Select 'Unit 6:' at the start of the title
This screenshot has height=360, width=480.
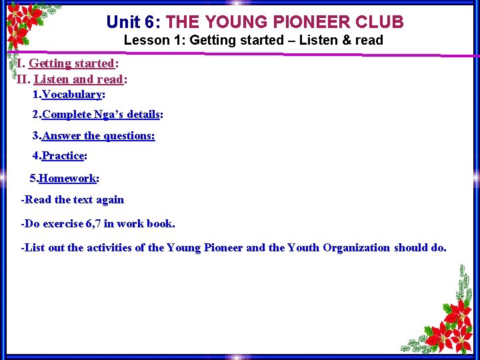133,22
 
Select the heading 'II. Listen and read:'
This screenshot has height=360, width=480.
72,79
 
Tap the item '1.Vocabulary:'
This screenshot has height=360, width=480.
69,95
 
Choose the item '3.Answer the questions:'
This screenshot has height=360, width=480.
93,136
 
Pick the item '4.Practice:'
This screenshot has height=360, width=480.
60,156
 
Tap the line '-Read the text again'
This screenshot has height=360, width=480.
73,200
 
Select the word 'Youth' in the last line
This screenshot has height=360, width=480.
303,248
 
